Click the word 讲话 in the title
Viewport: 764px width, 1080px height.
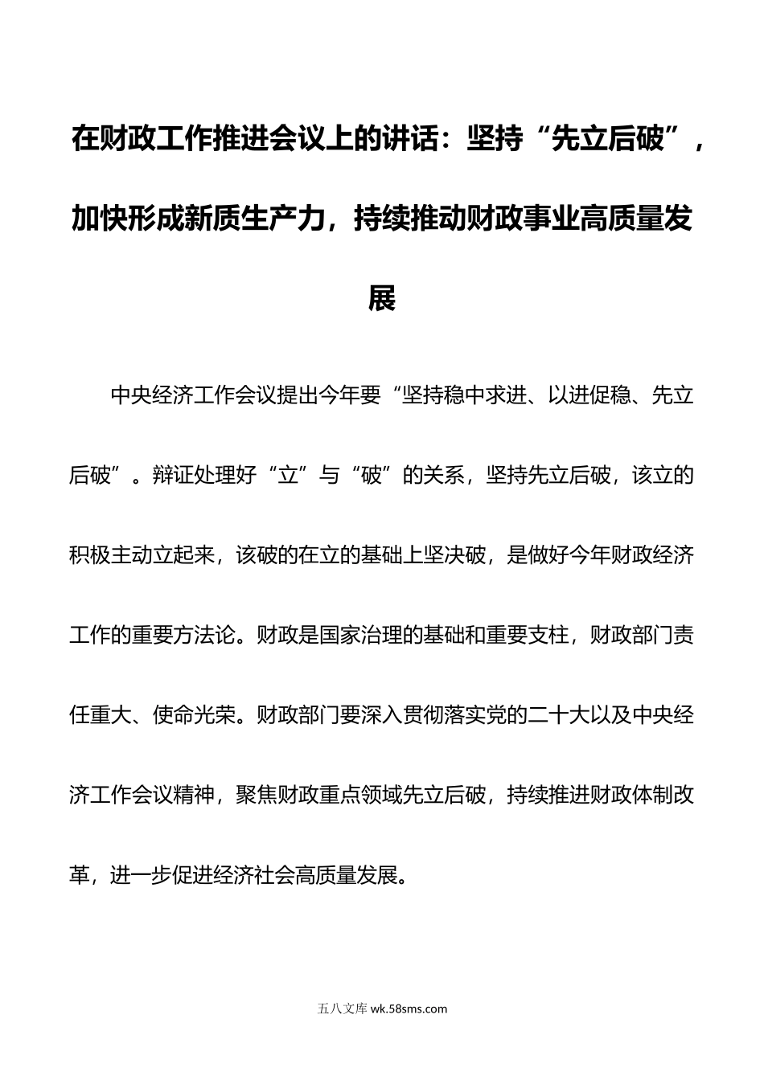433,141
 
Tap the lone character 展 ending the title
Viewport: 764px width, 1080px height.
381,299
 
